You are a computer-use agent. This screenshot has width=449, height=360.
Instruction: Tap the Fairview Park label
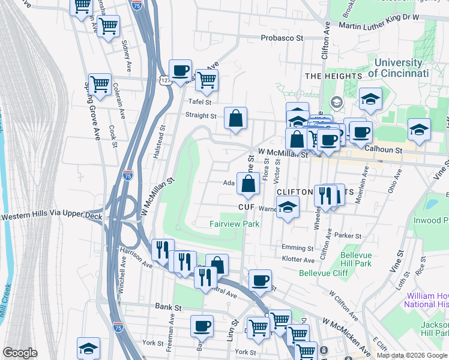[x=234, y=224]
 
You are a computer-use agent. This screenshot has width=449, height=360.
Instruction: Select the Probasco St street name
[x=282, y=38]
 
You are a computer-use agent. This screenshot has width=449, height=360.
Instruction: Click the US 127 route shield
[x=164, y=79]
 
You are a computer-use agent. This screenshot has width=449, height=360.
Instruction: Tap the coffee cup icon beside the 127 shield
[x=180, y=70]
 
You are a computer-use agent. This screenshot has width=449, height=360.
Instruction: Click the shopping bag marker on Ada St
[x=248, y=184]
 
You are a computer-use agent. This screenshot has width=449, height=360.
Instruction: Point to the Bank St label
[x=168, y=307]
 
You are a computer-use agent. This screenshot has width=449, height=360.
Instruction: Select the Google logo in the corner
[x=20, y=353]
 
